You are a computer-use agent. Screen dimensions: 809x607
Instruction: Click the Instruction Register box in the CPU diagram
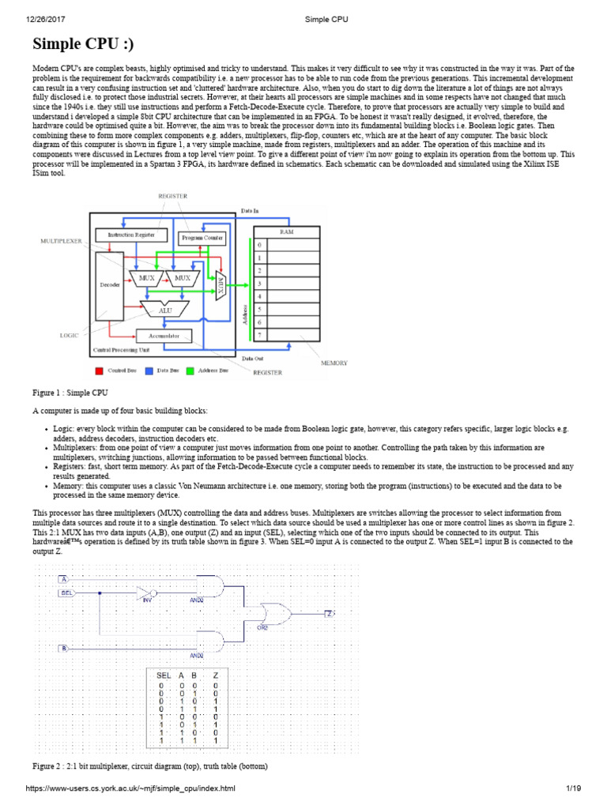(131, 235)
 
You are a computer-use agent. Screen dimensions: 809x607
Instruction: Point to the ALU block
(166, 310)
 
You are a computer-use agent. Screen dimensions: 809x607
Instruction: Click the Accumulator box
(164, 336)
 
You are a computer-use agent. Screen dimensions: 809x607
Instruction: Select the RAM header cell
(285, 231)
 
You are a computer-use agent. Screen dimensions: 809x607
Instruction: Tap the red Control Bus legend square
(100, 369)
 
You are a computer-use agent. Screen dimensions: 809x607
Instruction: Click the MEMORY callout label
(334, 363)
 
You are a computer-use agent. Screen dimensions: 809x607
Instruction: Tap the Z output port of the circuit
(330, 613)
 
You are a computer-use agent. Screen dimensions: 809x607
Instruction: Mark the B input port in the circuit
(62, 648)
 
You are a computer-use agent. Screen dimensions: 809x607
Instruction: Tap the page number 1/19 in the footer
(573, 788)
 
